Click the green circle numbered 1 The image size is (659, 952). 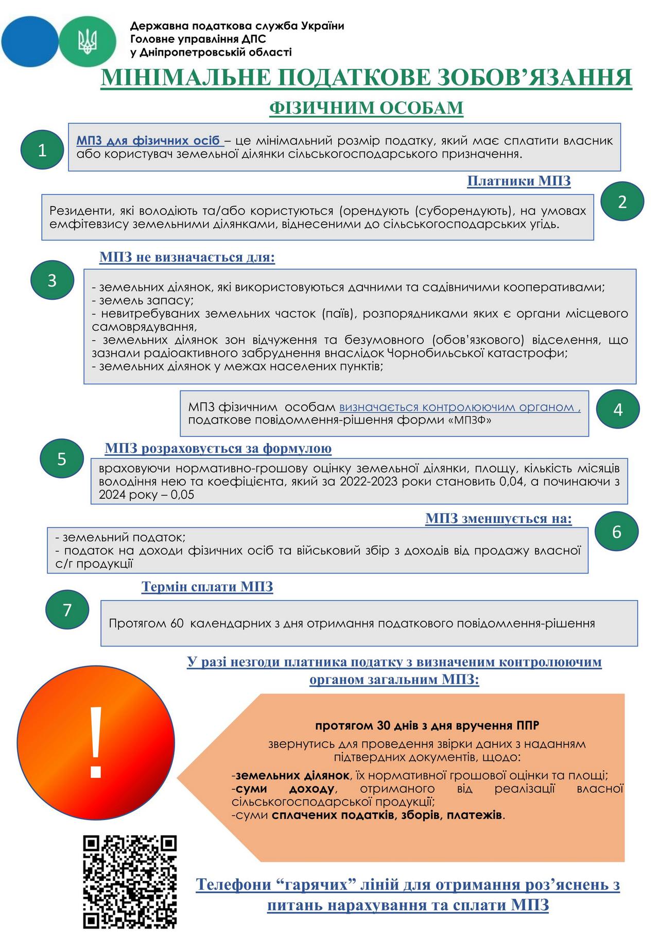coord(42,150)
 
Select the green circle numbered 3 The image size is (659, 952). coord(52,281)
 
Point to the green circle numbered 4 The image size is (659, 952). coord(618,410)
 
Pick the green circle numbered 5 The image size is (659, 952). coord(62,458)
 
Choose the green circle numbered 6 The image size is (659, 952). coord(617,532)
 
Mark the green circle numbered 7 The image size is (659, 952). coord(67,610)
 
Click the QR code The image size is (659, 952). coord(130,881)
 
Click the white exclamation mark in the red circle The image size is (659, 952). coord(96,742)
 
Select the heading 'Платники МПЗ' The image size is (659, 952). coord(518,181)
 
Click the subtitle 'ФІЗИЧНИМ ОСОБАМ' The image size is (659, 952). coord(366,108)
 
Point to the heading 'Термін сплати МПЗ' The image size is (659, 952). coord(207,587)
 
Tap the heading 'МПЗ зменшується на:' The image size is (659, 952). coord(498,519)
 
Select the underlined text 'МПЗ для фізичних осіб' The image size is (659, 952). coord(149,141)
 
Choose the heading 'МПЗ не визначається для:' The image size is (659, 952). coord(187,257)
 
